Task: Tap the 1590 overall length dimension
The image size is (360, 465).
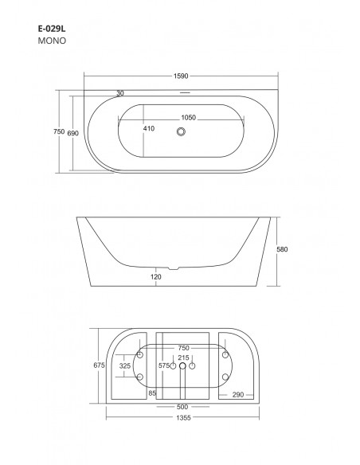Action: [182, 77]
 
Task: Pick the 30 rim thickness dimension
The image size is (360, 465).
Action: [119, 93]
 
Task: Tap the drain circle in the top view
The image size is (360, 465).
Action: [182, 132]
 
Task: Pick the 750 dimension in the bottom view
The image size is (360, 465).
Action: [183, 348]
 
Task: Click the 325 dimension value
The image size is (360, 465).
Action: [124, 365]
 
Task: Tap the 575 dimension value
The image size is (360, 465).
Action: [165, 365]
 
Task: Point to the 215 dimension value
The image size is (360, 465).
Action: [183, 358]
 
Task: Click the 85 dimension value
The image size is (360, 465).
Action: [151, 393]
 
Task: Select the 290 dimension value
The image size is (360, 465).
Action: [237, 395]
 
